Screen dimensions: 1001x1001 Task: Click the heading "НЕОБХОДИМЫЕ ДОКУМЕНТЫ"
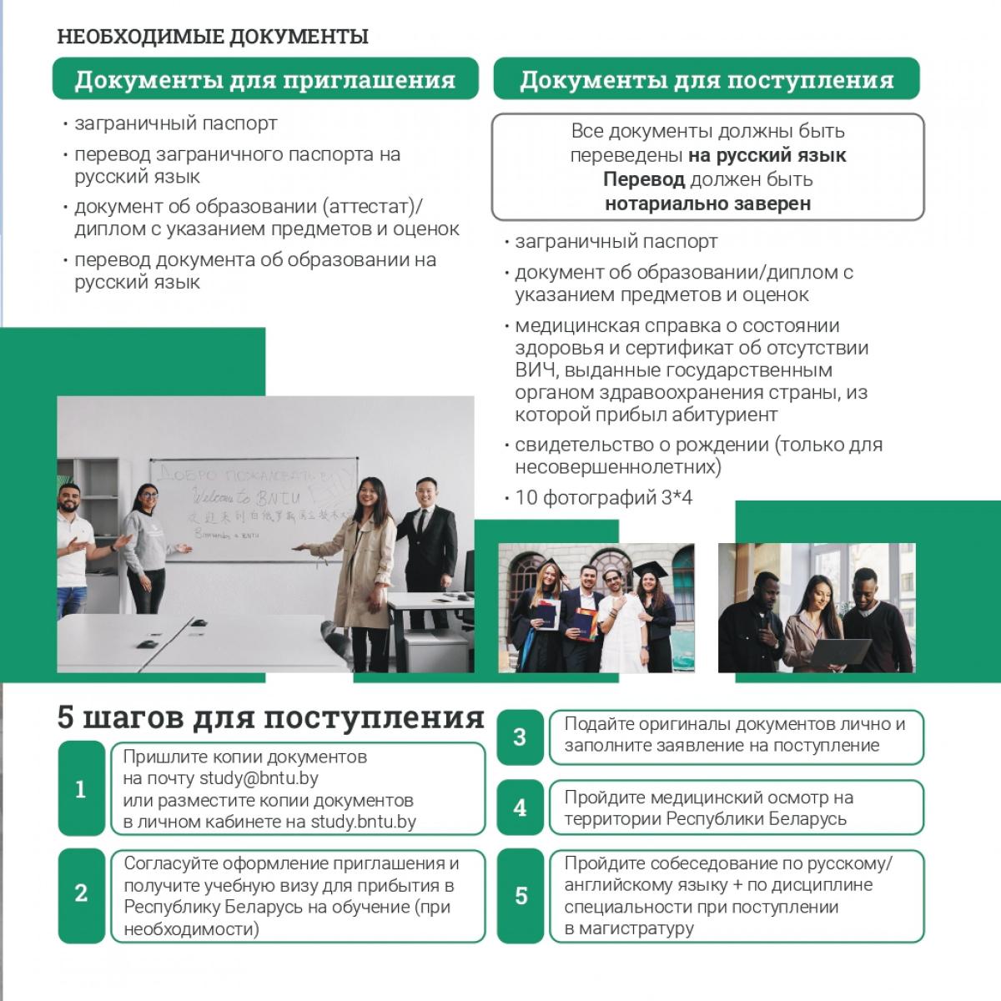coord(213,37)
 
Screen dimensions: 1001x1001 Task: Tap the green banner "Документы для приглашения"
coord(265,80)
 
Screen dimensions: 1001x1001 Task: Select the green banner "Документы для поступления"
coord(707,80)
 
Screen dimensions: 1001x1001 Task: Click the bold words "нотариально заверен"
coord(707,204)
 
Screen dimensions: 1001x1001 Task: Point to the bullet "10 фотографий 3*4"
coord(603,498)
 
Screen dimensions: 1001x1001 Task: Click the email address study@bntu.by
coord(259,779)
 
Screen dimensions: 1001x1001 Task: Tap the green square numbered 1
coord(81,789)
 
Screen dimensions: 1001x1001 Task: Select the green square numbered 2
coord(81,894)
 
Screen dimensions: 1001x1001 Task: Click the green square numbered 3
coord(520,737)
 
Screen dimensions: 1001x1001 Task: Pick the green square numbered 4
coord(520,807)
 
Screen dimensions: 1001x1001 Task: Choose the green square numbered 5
coord(521,896)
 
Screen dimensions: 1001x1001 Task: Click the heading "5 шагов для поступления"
coord(270,717)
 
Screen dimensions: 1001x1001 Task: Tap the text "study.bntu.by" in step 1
coord(363,822)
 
